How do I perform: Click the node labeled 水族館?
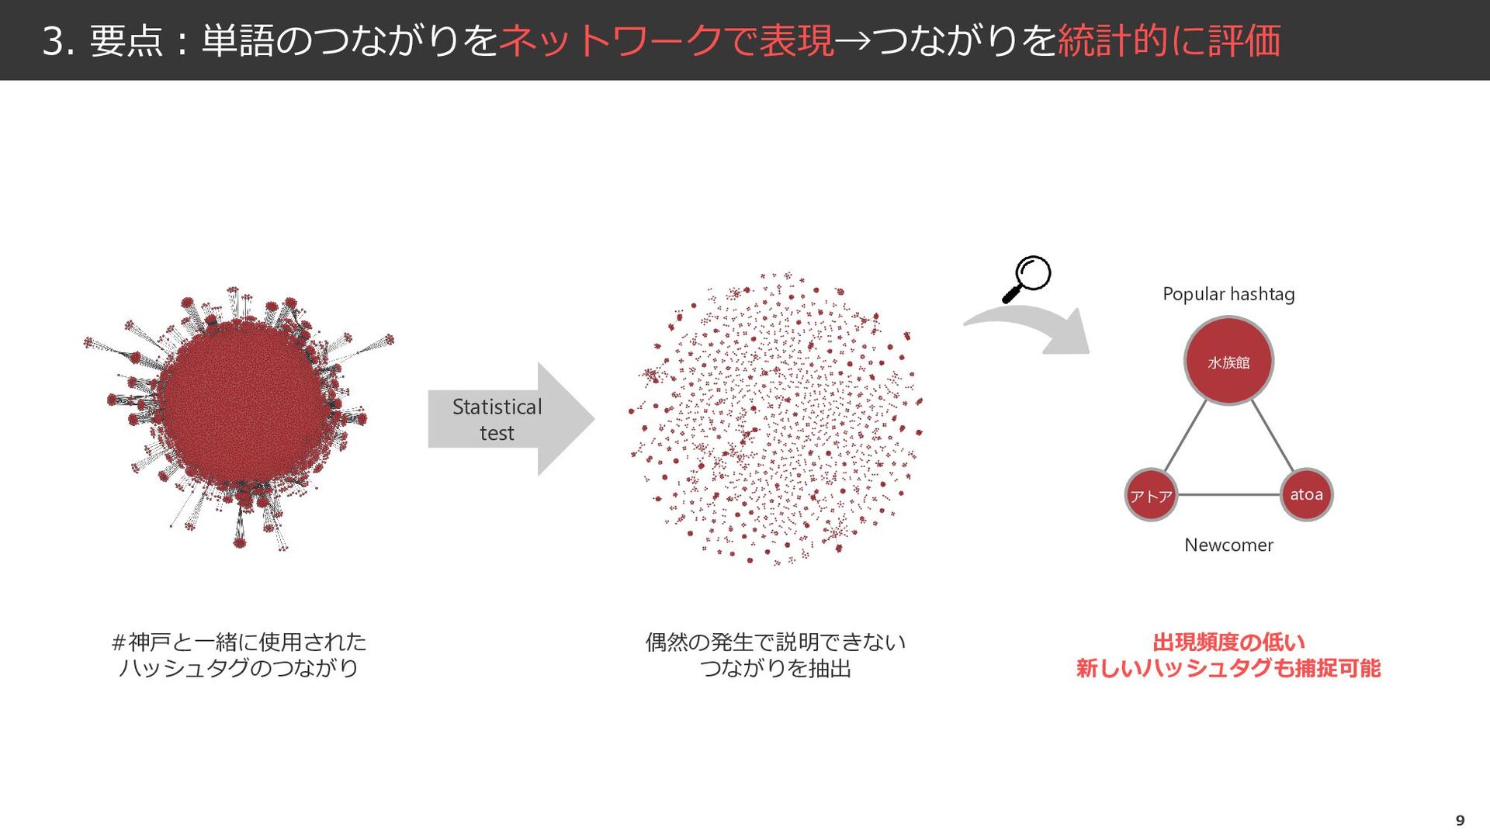[x=1228, y=361]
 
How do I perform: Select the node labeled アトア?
[x=1151, y=495]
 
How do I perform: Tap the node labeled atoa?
[x=1306, y=494]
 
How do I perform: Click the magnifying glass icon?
[x=1027, y=279]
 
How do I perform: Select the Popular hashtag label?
[x=1228, y=294]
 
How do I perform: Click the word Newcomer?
[x=1228, y=545]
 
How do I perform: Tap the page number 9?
[x=1460, y=820]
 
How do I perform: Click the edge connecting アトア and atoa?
[x=1228, y=494]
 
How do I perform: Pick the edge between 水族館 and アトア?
[x=1186, y=436]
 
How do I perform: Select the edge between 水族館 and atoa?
[x=1273, y=436]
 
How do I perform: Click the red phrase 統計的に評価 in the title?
[x=1169, y=40]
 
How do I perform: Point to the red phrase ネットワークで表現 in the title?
[x=666, y=40]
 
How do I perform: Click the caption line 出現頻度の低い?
[x=1228, y=642]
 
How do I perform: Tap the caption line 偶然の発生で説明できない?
[x=775, y=642]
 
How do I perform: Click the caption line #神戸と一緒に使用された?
[x=239, y=642]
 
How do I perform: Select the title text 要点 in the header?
[x=126, y=40]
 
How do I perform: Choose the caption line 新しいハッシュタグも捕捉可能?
[x=1228, y=668]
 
